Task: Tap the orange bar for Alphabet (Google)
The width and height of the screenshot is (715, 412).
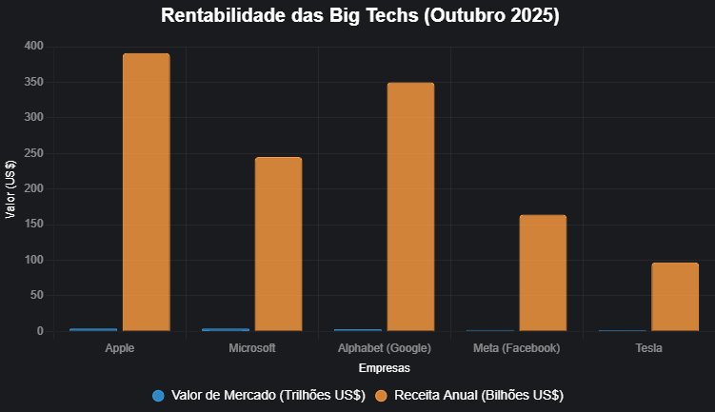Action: pos(410,207)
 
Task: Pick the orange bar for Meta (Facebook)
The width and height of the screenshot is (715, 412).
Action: pos(543,273)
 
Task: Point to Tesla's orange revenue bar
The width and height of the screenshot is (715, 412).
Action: pos(675,297)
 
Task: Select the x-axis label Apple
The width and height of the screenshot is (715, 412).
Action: pos(120,348)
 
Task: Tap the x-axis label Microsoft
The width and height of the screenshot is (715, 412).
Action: pos(252,348)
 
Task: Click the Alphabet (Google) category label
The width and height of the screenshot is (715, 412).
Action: pos(385,348)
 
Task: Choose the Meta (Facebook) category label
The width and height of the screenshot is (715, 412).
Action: pos(517,348)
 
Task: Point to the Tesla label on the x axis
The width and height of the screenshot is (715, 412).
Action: pos(649,348)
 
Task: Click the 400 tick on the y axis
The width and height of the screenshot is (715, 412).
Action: pos(34,47)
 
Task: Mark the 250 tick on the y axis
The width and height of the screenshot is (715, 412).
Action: pos(34,153)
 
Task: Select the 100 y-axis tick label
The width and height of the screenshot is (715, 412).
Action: pos(34,260)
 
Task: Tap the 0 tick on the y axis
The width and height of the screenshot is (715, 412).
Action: pos(41,331)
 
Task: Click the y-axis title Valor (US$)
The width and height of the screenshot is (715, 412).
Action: pos(10,188)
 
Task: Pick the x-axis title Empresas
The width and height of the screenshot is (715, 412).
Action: pos(385,367)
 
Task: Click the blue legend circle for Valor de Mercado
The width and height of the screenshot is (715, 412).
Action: pos(159,395)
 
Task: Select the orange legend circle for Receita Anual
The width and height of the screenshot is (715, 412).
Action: pos(382,395)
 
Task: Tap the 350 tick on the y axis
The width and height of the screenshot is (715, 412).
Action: pos(34,82)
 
